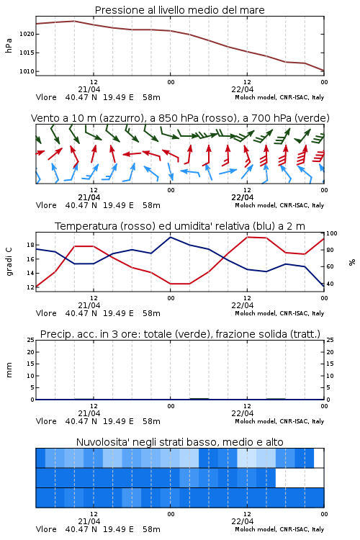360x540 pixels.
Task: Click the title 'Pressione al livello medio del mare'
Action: pyautogui.click(x=179, y=10)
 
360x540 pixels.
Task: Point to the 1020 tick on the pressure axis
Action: pyautogui.click(x=27, y=34)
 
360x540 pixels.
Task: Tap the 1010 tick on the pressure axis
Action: pyautogui.click(x=27, y=71)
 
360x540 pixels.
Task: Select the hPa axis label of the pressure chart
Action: pyautogui.click(x=9, y=46)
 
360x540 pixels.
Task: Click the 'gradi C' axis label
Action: pyautogui.click(x=9, y=262)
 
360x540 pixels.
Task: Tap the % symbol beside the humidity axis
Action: pyautogui.click(x=352, y=262)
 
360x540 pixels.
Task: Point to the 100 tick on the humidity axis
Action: pyautogui.click(x=331, y=233)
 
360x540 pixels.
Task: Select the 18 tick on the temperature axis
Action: pyautogui.click(x=30, y=246)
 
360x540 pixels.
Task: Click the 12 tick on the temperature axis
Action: pyautogui.click(x=30, y=287)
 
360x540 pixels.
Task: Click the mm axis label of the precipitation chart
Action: pyautogui.click(x=9, y=370)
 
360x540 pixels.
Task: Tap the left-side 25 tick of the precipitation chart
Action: pyautogui.click(x=31, y=341)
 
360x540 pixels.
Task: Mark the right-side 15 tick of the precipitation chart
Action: pyautogui.click(x=330, y=364)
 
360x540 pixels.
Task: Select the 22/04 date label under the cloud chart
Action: pyautogui.click(x=243, y=521)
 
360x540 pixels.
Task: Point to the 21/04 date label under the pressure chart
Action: pyautogui.click(x=89, y=89)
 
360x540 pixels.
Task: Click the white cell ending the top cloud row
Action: pyautogui.click(x=319, y=458)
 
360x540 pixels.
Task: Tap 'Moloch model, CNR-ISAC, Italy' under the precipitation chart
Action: pyautogui.click(x=279, y=421)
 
